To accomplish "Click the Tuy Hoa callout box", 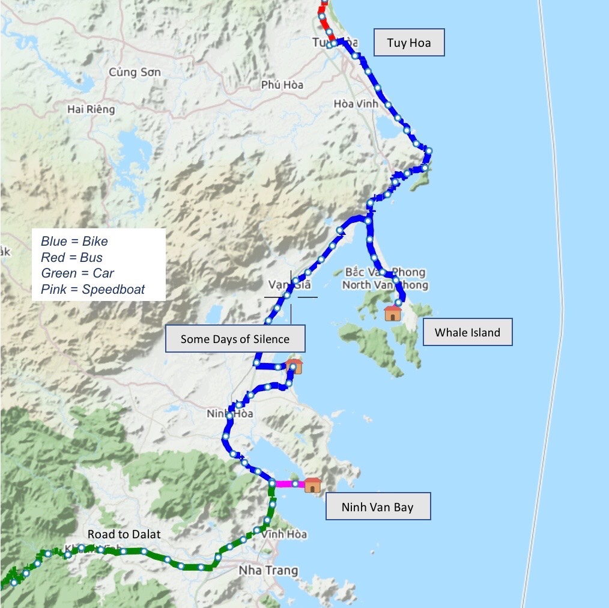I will [x=409, y=43].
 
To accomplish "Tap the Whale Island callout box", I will [x=467, y=332].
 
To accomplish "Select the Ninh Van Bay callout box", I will [x=378, y=507].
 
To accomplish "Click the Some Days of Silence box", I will [x=235, y=339].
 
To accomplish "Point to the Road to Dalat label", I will [x=124, y=534].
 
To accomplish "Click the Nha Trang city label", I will [x=268, y=570].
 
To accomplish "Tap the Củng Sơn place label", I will [x=135, y=72].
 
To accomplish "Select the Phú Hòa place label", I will [x=282, y=85].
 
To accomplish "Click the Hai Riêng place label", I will [x=91, y=109].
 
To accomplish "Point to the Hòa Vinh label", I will [x=356, y=104].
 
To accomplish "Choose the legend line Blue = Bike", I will [x=74, y=242].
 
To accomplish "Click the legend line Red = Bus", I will [x=71, y=258].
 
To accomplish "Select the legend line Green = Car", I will [x=77, y=274].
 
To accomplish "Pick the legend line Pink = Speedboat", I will [x=93, y=290].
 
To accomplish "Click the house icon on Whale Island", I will [x=392, y=313].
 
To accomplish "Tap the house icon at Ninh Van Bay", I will [x=312, y=485].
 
